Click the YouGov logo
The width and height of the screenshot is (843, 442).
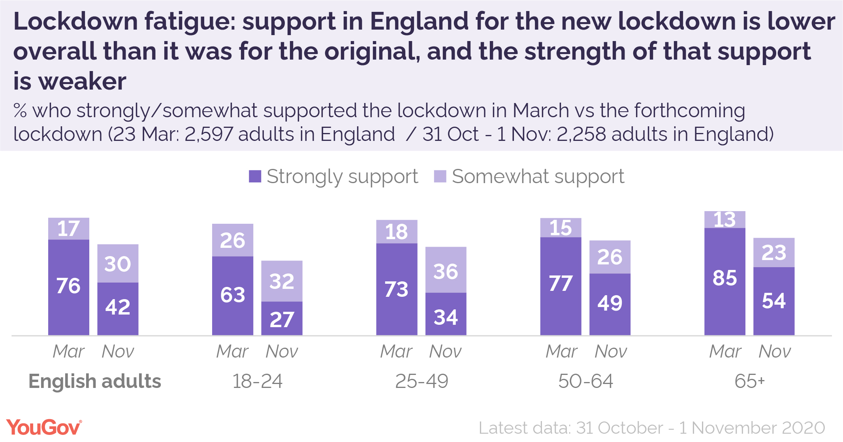[44, 428]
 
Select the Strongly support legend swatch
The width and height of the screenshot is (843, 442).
[255, 176]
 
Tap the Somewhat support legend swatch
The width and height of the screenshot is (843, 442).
[440, 176]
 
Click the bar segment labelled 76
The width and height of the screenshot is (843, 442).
[69, 287]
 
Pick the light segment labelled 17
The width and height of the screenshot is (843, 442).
[69, 229]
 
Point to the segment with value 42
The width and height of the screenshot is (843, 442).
[118, 308]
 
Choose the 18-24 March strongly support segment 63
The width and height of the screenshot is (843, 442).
[233, 296]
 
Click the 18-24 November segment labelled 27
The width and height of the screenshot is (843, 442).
[282, 318]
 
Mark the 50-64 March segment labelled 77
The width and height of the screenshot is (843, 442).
[561, 286]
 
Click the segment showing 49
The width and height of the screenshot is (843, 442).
[610, 304]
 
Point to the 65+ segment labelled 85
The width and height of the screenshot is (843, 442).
[725, 281]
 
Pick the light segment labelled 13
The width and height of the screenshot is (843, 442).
[725, 220]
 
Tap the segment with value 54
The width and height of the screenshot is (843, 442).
[774, 301]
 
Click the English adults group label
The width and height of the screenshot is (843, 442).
[95, 382]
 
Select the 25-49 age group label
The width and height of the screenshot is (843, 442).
[421, 382]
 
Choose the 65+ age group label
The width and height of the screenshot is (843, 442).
[749, 382]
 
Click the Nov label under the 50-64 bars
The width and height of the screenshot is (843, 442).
[611, 351]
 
